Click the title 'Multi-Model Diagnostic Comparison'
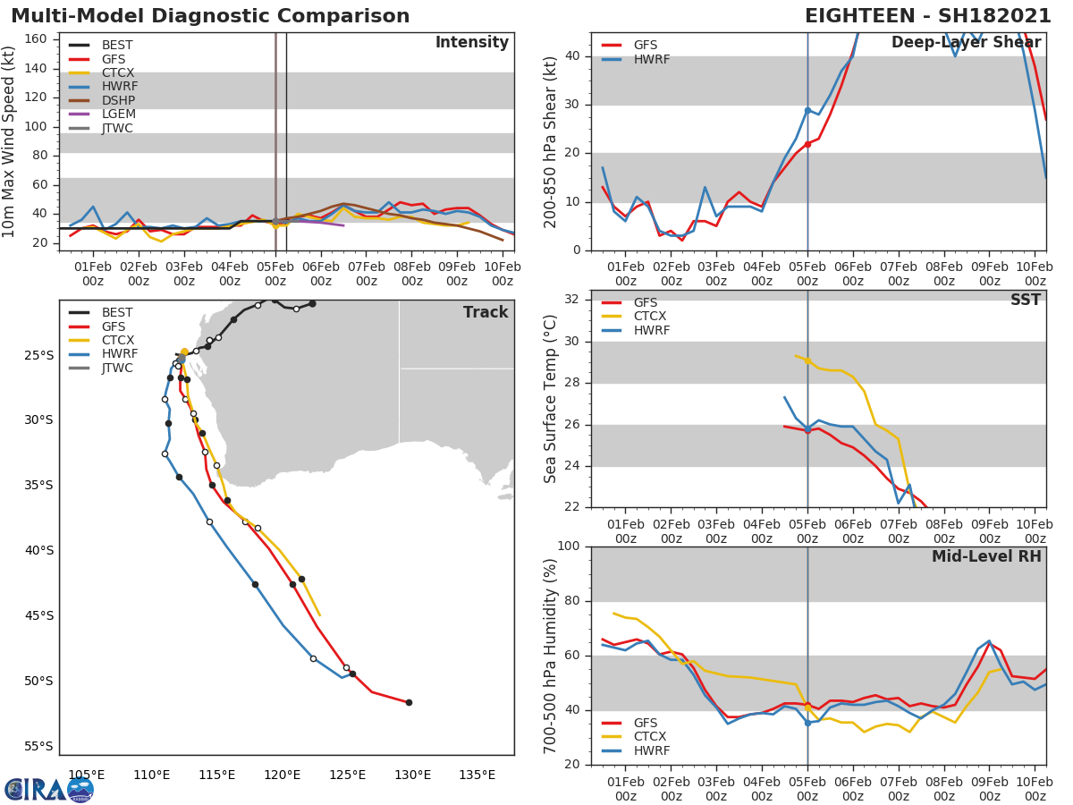pyautogui.click(x=210, y=16)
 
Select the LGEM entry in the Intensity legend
pyautogui.click(x=118, y=114)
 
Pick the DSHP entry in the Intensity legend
pyautogui.click(x=118, y=100)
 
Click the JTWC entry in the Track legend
pyautogui.click(x=117, y=368)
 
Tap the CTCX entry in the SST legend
pyautogui.click(x=650, y=317)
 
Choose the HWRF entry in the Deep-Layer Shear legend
pyautogui.click(x=651, y=59)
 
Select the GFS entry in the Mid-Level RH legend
pyautogui.click(x=650, y=723)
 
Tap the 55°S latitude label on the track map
pyautogui.click(x=38, y=746)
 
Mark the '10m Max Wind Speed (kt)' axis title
pyautogui.click(x=10, y=141)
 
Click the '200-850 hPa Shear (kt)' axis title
pyautogui.click(x=551, y=141)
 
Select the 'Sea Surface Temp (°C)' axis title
pyautogui.click(x=551, y=399)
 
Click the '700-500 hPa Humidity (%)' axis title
pyautogui.click(x=551, y=655)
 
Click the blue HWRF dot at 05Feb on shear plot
pyautogui.click(x=807, y=110)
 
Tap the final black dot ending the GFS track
pyautogui.click(x=409, y=702)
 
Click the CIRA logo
pyautogui.click(x=48, y=789)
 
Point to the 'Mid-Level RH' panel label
pyautogui.click(x=986, y=556)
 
